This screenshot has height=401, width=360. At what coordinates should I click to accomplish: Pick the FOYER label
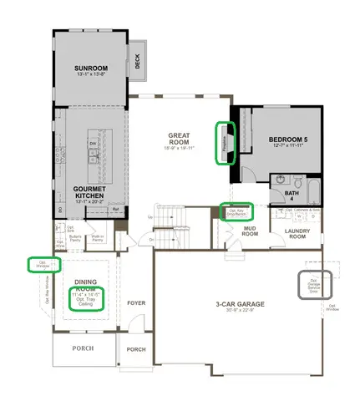135,304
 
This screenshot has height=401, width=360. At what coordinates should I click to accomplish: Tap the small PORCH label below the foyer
135,349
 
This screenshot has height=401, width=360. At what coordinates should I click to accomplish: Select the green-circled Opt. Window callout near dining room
39,264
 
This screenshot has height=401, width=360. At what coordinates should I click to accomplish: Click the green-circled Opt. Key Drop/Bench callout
238,212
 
